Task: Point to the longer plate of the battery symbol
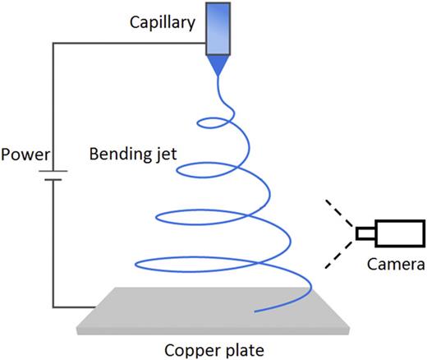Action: click(x=54, y=173)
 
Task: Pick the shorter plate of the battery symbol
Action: click(x=54, y=182)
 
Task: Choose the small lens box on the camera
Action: click(x=364, y=235)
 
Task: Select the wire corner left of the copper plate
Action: click(x=54, y=309)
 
